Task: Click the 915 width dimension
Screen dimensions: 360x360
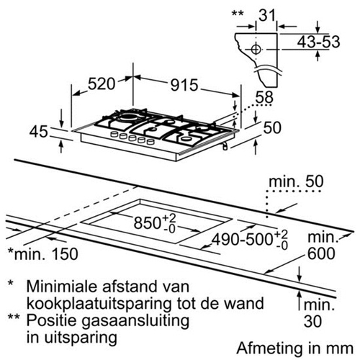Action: click(184, 85)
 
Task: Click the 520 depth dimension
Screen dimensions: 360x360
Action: click(102, 84)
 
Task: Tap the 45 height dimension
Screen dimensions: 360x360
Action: click(38, 132)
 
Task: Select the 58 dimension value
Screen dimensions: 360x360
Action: click(264, 97)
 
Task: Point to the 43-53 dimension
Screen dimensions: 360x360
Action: click(318, 42)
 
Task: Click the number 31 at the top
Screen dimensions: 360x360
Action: click(267, 15)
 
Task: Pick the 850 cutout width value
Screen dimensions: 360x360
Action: click(147, 222)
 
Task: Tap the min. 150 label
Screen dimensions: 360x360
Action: click(43, 253)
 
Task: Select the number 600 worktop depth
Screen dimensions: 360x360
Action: click(321, 253)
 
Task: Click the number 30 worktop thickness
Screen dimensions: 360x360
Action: click(312, 321)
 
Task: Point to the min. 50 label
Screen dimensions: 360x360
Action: click(296, 181)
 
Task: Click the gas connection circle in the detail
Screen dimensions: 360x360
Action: click(256, 49)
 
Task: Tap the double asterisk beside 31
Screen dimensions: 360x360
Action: click(238, 13)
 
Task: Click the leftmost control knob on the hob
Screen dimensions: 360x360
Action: click(114, 134)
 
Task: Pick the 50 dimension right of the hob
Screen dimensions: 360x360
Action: click(272, 127)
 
